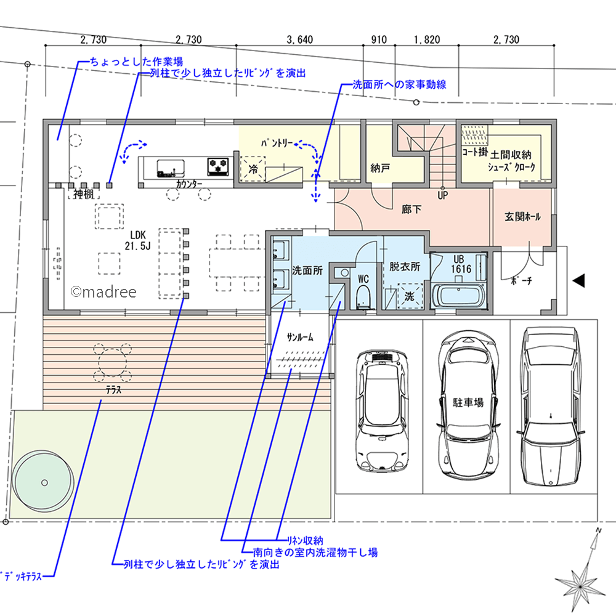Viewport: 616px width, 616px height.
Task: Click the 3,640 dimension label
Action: (x=300, y=39)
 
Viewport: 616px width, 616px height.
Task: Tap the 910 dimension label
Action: (x=379, y=39)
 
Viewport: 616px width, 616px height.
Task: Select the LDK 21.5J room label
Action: (x=138, y=240)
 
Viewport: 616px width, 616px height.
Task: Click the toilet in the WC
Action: (x=363, y=296)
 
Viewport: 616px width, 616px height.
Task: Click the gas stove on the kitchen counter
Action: (x=218, y=166)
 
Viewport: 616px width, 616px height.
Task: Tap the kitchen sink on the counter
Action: (x=171, y=168)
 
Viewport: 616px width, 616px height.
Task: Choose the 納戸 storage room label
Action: (x=380, y=168)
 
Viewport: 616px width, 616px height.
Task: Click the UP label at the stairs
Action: (x=443, y=195)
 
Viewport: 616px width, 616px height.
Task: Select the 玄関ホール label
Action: (x=522, y=216)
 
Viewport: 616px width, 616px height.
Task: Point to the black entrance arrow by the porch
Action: (x=578, y=280)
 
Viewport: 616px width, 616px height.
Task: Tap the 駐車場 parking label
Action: (x=468, y=402)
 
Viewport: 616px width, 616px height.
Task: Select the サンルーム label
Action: (x=300, y=337)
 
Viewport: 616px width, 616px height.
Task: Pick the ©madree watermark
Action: (x=103, y=292)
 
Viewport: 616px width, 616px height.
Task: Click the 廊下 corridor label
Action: (x=411, y=209)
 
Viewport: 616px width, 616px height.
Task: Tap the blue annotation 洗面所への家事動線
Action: (x=399, y=84)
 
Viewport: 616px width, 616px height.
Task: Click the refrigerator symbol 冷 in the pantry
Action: (x=253, y=169)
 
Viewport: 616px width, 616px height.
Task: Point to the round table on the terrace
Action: (x=113, y=363)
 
